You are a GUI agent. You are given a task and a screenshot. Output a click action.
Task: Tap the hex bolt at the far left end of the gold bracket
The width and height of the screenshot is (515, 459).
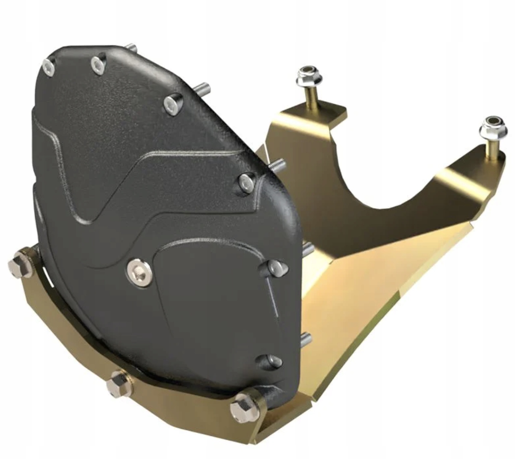(20, 264)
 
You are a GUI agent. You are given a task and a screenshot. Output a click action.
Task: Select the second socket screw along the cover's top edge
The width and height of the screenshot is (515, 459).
(98, 64)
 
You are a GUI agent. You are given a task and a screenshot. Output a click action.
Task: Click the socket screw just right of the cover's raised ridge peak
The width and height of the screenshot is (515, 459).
(247, 182)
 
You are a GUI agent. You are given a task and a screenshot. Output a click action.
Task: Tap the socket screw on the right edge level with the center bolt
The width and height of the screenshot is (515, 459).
(272, 268)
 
